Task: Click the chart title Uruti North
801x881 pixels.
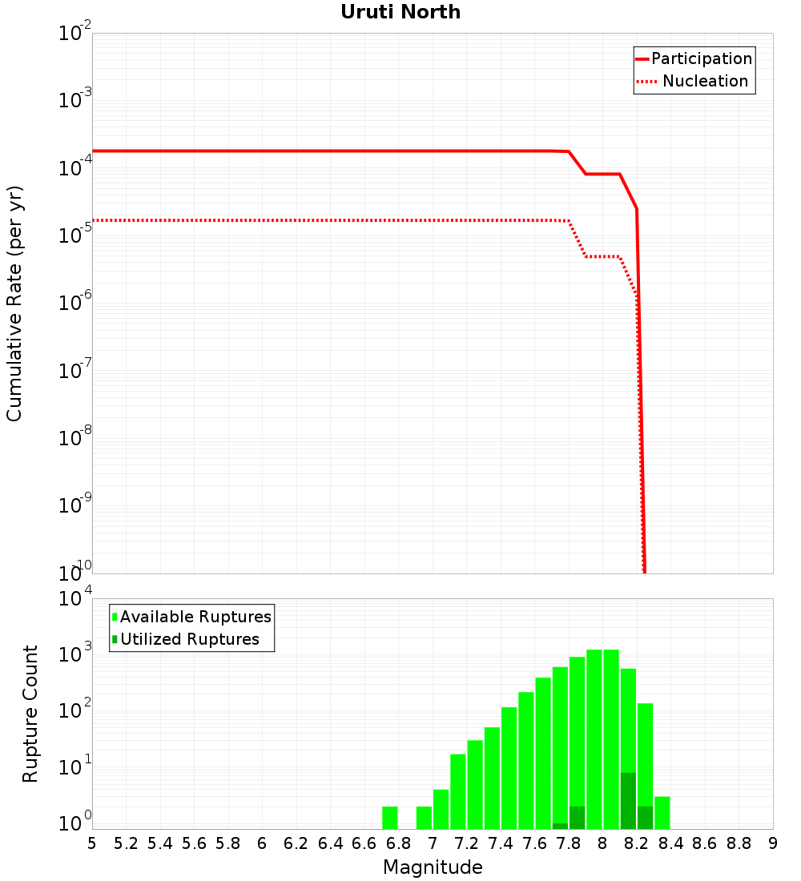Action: pyautogui.click(x=400, y=12)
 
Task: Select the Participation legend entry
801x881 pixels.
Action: pyautogui.click(x=702, y=58)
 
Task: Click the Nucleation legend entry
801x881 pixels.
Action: pyautogui.click(x=705, y=81)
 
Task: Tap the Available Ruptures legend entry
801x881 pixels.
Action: pyautogui.click(x=195, y=617)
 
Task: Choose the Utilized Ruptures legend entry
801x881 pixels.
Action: pyautogui.click(x=189, y=639)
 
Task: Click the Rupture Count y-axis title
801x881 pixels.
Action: pyautogui.click(x=30, y=714)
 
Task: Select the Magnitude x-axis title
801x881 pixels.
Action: pyautogui.click(x=433, y=867)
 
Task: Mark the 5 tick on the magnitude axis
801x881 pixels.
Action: pyautogui.click(x=92, y=843)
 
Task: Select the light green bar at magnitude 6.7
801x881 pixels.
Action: pyautogui.click(x=390, y=818)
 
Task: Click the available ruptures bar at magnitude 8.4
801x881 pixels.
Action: pyautogui.click(x=662, y=813)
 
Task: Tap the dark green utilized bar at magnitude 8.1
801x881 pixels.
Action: pyautogui.click(x=628, y=801)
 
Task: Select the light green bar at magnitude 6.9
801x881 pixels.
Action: pyautogui.click(x=424, y=818)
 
